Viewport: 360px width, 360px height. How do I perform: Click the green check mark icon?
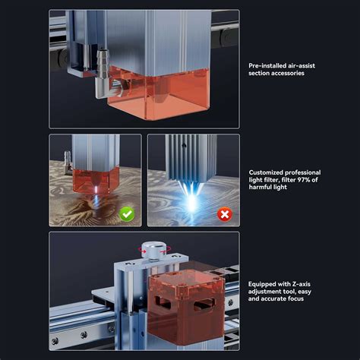[127, 215]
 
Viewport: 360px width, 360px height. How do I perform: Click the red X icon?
[224, 215]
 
